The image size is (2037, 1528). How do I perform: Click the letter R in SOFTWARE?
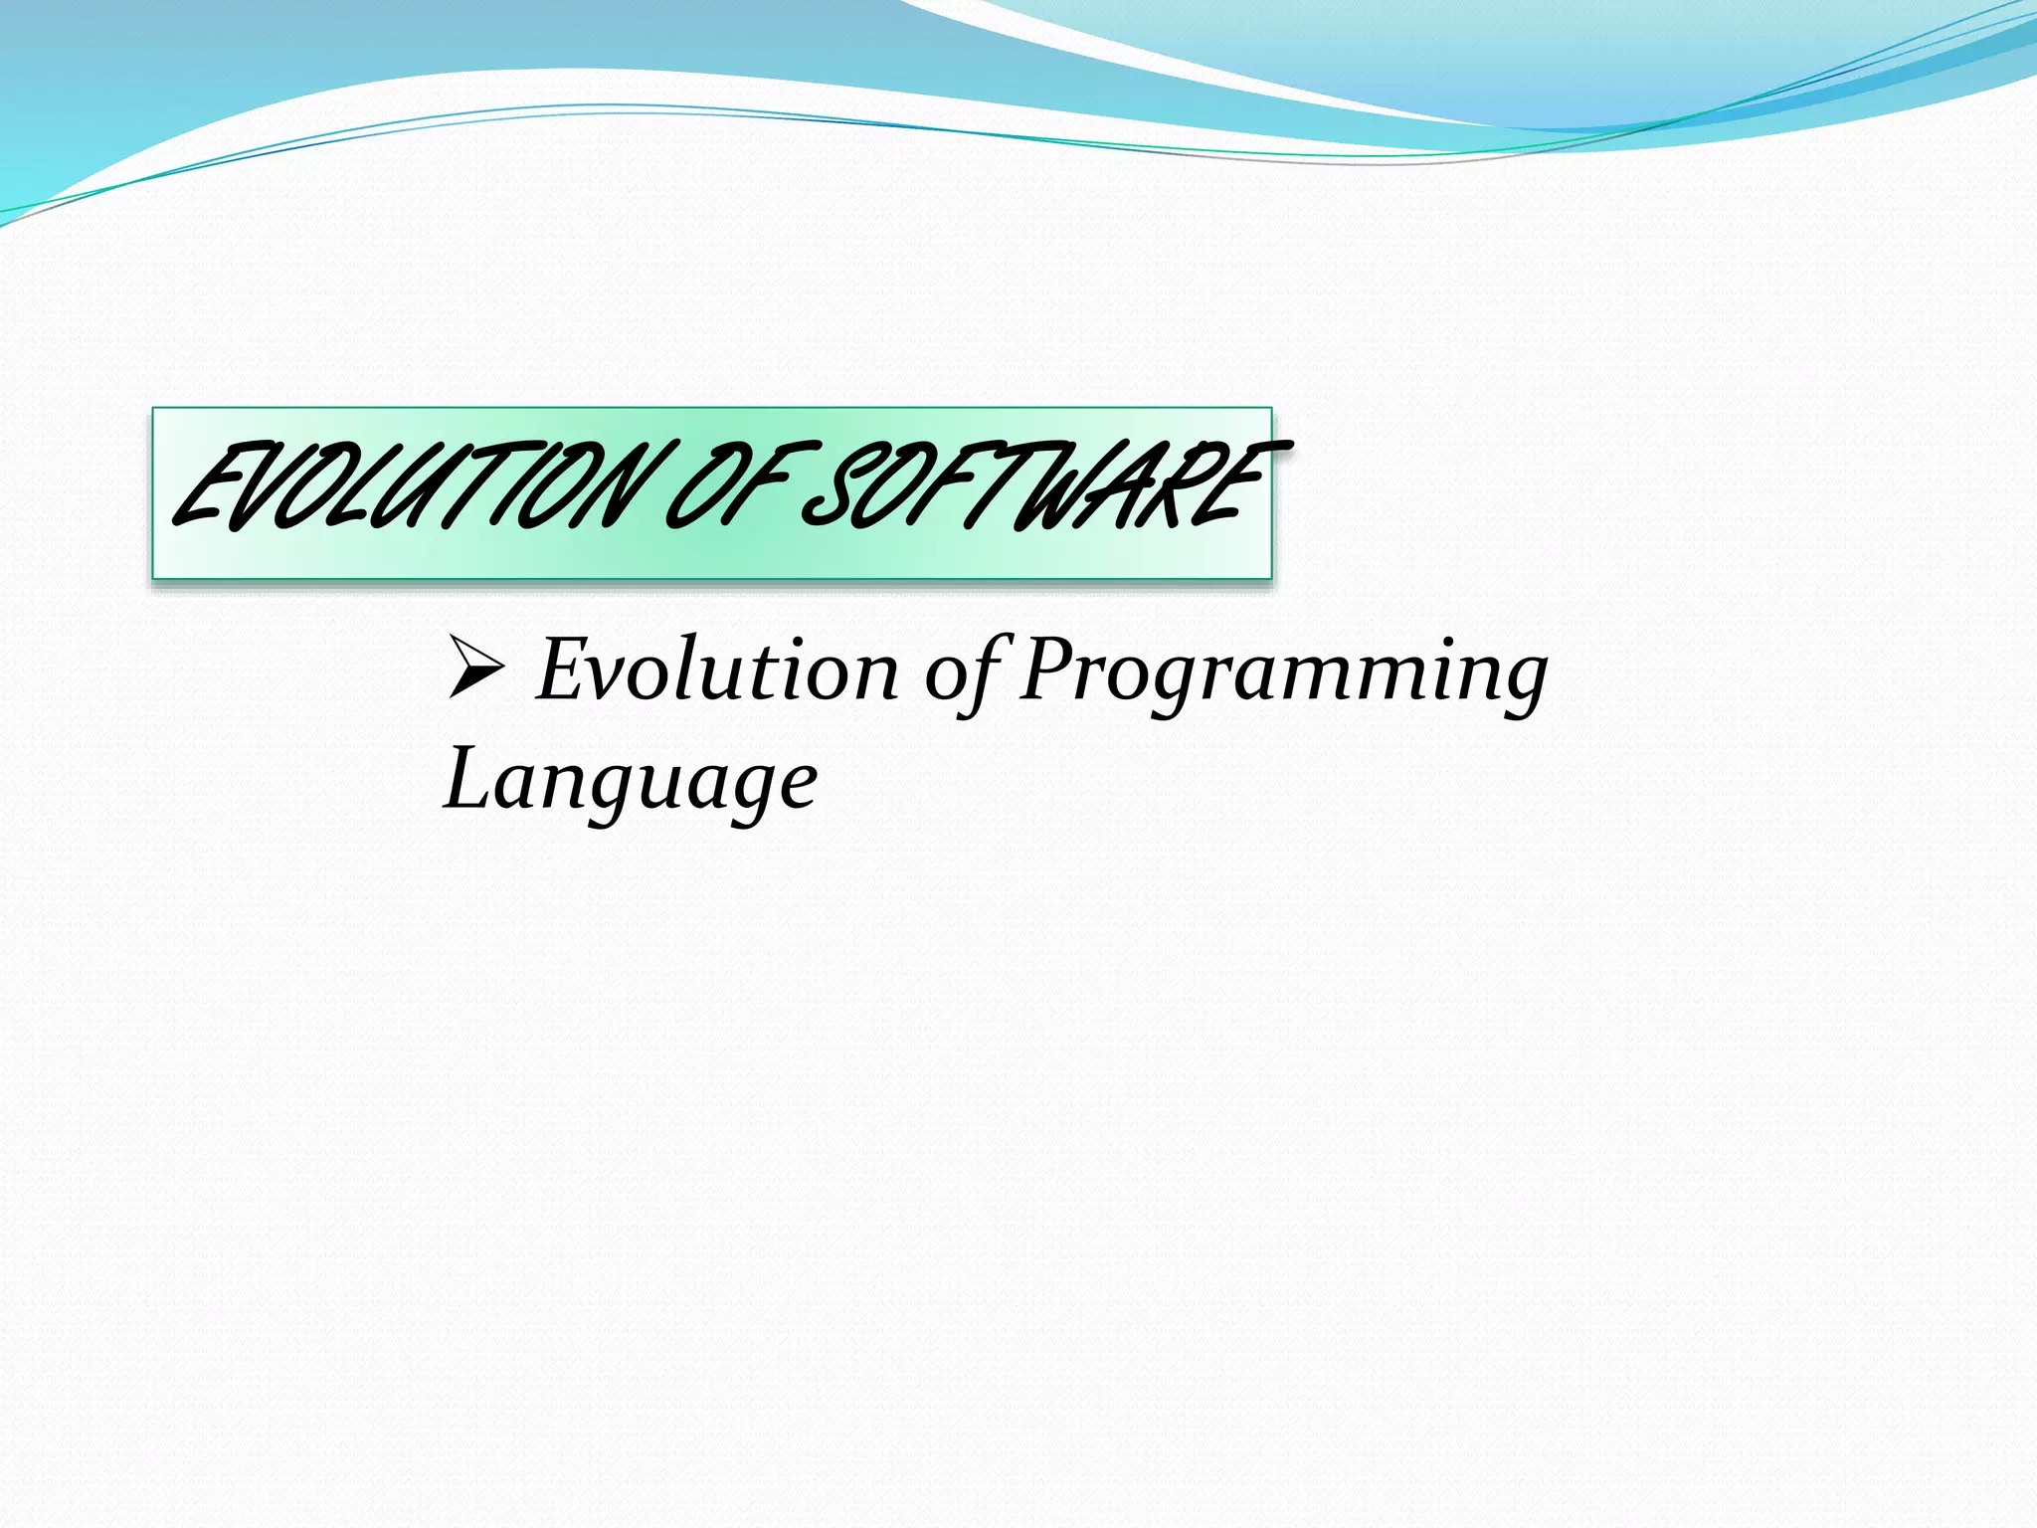pos(1174,487)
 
